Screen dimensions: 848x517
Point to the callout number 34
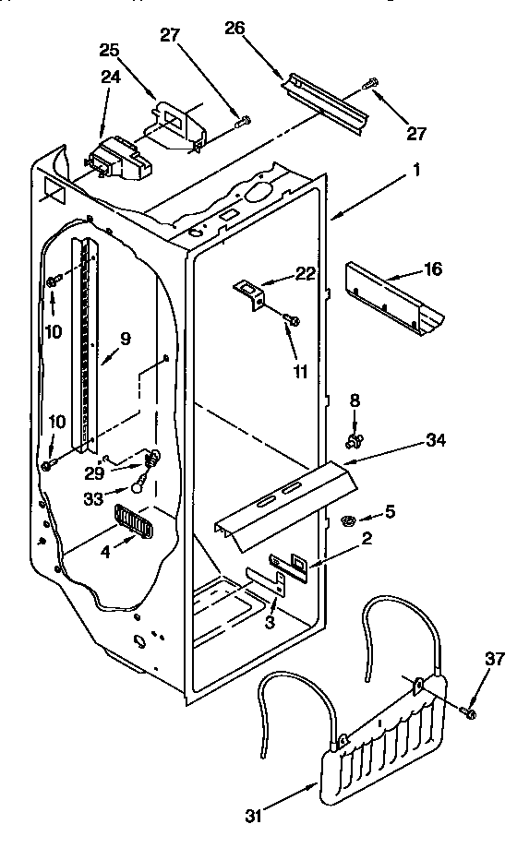437,440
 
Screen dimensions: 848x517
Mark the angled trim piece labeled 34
286,498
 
